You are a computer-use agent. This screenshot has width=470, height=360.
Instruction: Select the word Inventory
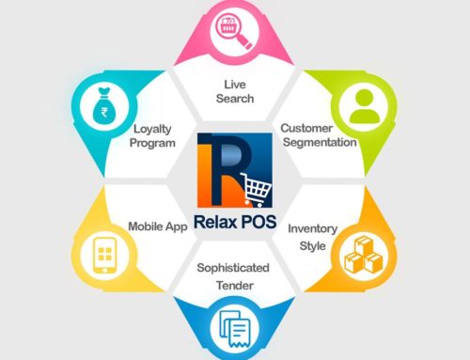pos(312,227)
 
